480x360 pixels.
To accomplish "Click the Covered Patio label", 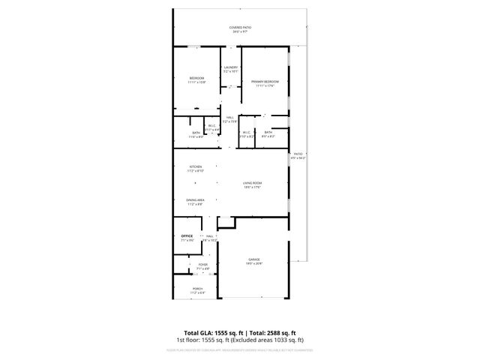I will click(241, 27).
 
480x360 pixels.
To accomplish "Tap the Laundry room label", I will click(230, 67).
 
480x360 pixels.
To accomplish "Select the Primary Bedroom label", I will click(265, 81).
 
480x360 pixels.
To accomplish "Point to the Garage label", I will click(254, 259).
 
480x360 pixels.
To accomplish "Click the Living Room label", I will click(251, 183).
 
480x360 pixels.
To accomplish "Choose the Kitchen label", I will click(195, 166).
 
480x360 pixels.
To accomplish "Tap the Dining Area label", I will click(196, 200).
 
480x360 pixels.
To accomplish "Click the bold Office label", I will click(187, 236).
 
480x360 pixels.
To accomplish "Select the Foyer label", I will click(202, 265).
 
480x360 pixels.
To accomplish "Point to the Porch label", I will click(197, 289).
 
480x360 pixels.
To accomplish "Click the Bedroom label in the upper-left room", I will click(196, 78).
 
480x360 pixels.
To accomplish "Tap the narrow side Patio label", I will click(297, 153).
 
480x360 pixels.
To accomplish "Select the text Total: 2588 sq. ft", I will click(272, 332).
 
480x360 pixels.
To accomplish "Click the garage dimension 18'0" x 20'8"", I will click(254, 264).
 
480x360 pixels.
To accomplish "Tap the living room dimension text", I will click(251, 187).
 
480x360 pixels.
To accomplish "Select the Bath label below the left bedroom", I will click(196, 133).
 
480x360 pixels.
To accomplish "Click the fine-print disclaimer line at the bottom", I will click(240, 349).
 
